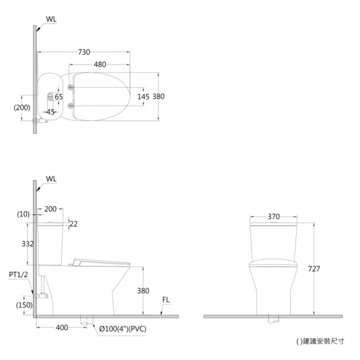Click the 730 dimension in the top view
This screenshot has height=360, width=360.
(x=84, y=52)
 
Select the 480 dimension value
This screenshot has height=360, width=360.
(x=100, y=64)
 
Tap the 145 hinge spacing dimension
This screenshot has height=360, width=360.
(x=143, y=96)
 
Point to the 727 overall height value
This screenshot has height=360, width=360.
(x=314, y=269)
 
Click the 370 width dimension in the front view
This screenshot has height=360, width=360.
(x=273, y=217)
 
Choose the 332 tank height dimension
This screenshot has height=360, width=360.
(x=27, y=244)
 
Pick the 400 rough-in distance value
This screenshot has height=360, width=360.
(x=62, y=327)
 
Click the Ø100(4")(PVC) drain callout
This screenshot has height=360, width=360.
(x=123, y=329)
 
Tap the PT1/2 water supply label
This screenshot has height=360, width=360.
(x=19, y=275)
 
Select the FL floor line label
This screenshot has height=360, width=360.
(x=165, y=300)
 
